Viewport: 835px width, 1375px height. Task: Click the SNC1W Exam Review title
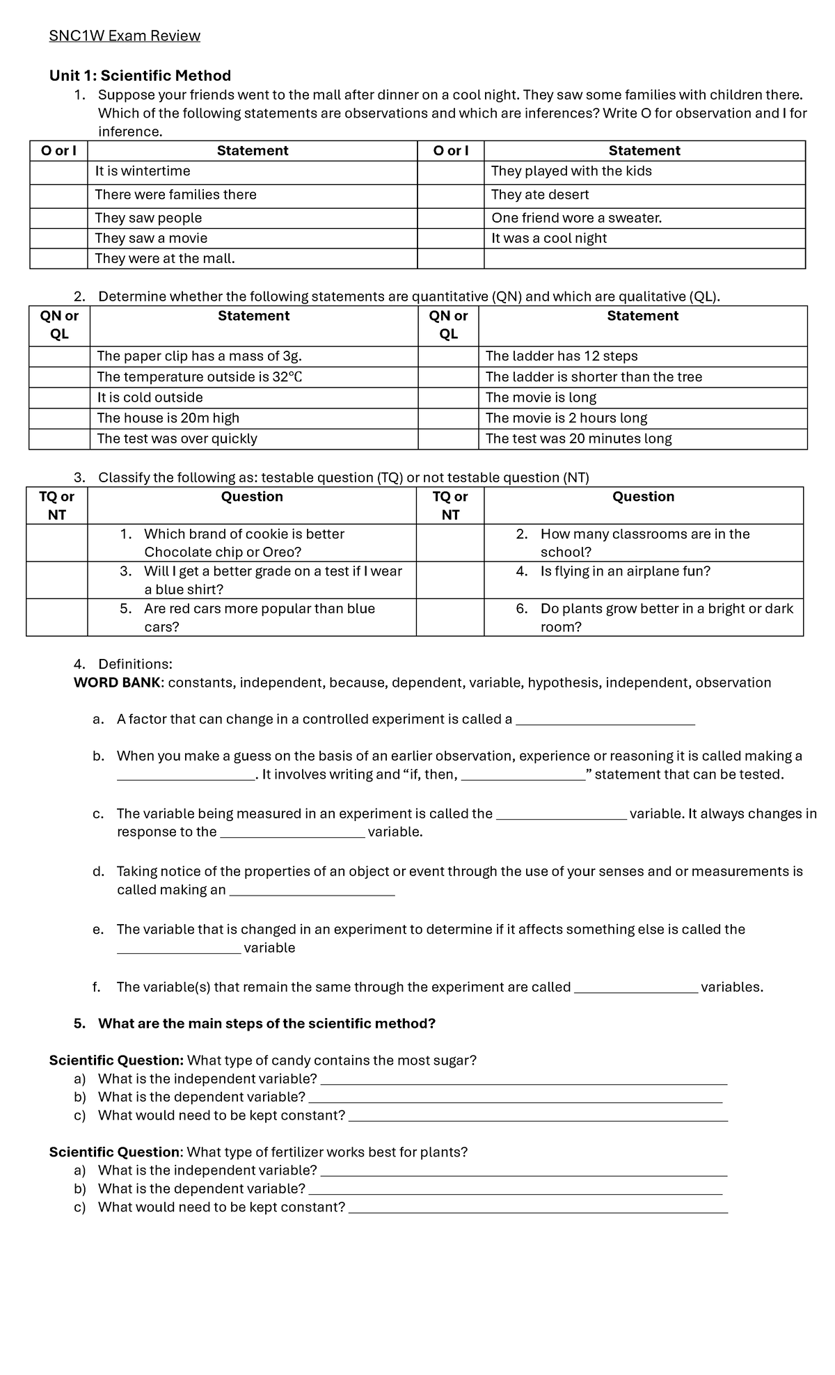(x=125, y=36)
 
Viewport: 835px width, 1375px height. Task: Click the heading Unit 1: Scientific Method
(x=140, y=75)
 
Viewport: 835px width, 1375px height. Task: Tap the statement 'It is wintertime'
(x=143, y=171)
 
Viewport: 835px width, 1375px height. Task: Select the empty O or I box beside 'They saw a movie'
(x=58, y=239)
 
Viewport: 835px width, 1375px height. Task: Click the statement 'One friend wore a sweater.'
(x=576, y=218)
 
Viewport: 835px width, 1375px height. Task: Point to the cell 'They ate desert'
(x=540, y=195)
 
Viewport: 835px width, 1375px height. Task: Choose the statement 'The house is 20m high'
(x=168, y=418)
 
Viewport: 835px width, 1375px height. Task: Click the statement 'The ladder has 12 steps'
(x=562, y=356)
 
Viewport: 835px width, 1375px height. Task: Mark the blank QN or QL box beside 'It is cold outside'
(x=59, y=398)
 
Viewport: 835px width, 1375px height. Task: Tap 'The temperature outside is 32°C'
(x=200, y=377)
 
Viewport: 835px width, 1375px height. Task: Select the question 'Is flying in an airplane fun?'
(x=625, y=571)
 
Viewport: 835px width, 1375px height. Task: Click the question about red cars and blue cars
(x=259, y=617)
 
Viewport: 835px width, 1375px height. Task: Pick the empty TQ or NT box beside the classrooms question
(x=450, y=543)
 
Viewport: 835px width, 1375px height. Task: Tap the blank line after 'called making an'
(x=312, y=893)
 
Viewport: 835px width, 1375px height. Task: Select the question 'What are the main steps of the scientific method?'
(x=267, y=1024)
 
